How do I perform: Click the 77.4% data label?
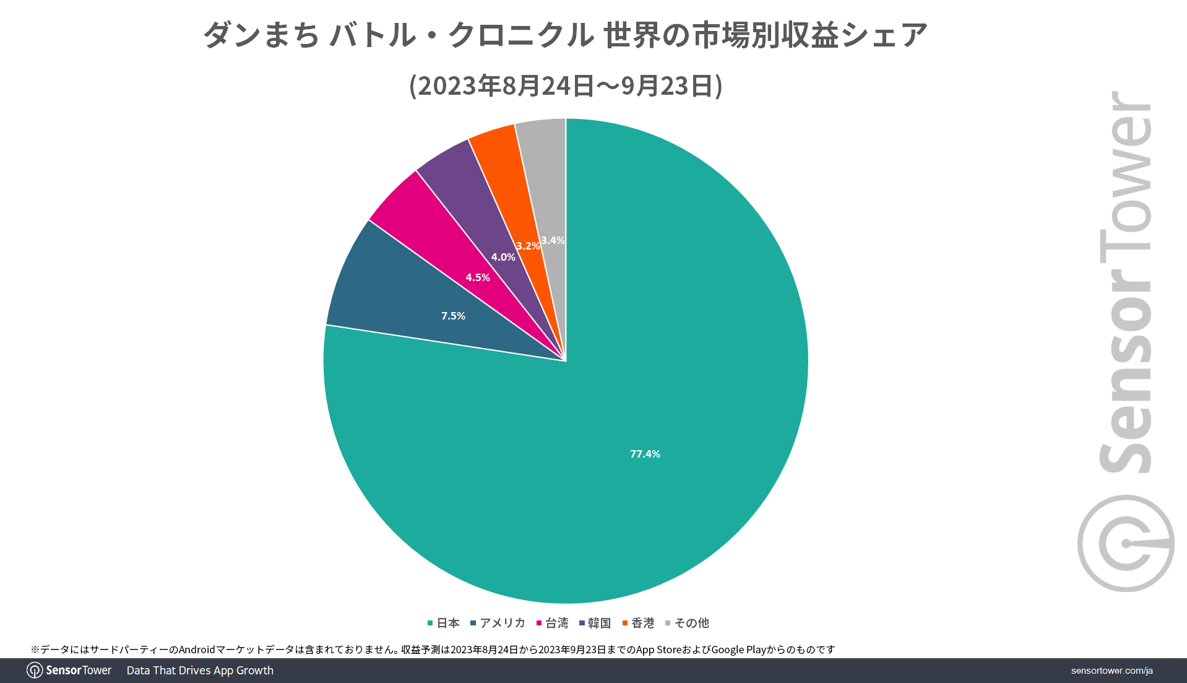point(645,454)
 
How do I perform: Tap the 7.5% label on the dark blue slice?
point(453,316)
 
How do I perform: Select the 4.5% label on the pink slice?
point(478,277)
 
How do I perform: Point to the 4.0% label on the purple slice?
point(503,257)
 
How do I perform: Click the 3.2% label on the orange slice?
point(527,246)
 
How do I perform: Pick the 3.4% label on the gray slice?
point(553,240)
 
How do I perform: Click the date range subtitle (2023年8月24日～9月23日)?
point(566,86)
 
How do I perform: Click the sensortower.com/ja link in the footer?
point(1111,671)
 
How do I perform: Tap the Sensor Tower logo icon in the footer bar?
point(35,671)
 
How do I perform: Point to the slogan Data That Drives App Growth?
point(200,671)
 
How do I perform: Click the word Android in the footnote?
point(197,650)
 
